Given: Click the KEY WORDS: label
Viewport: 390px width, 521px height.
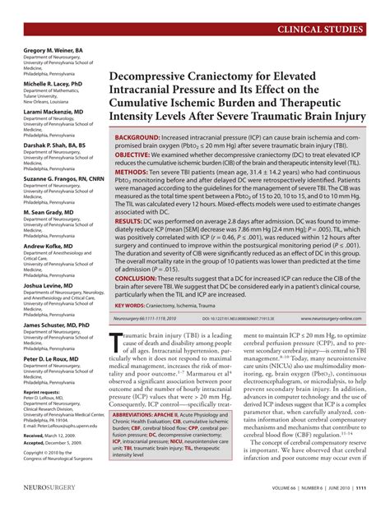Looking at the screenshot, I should (x=131, y=306).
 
